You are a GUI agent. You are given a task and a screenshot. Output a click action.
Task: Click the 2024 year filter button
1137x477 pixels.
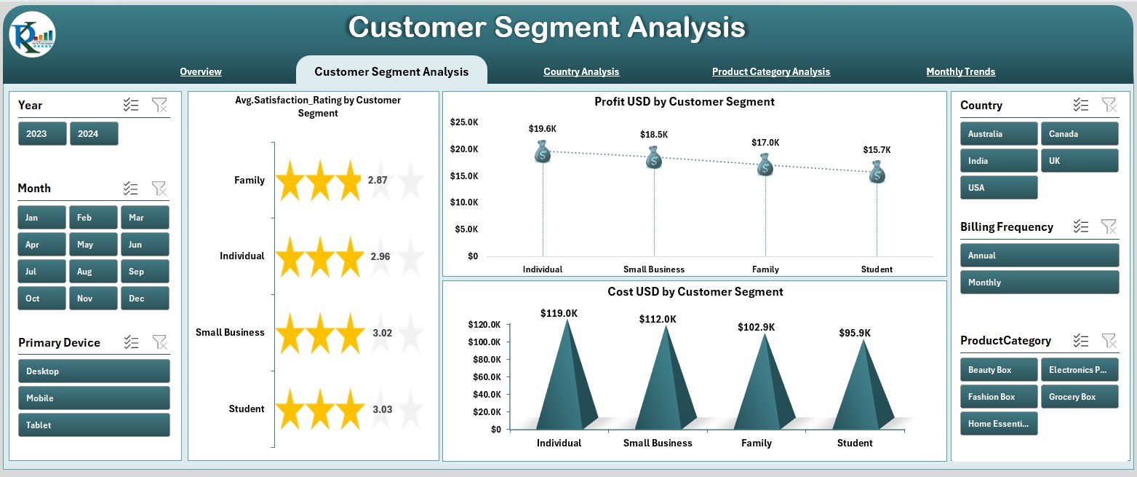pyautogui.click(x=94, y=134)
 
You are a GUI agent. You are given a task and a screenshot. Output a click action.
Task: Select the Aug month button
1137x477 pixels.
pyautogui.click(x=93, y=272)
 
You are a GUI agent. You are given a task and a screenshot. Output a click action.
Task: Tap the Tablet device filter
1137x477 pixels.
pyautogui.click(x=94, y=425)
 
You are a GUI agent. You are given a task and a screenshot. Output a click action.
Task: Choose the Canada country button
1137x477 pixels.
pyautogui.click(x=1079, y=134)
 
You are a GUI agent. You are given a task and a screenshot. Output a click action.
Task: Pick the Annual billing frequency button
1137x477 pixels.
pyautogui.click(x=1039, y=256)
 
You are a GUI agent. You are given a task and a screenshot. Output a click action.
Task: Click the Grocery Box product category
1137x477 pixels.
pyautogui.click(x=1079, y=397)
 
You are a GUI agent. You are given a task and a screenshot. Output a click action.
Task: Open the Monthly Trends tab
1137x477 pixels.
pyautogui.click(x=960, y=71)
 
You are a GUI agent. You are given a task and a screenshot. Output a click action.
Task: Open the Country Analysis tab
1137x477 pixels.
pyautogui.click(x=581, y=71)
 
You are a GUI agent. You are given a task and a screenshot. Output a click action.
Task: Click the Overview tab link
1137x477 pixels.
pyautogui.click(x=201, y=71)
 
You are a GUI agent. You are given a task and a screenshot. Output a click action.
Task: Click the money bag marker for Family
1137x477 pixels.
pyautogui.click(x=765, y=165)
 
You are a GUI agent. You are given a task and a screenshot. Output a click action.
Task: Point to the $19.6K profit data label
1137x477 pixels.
pyautogui.click(x=543, y=129)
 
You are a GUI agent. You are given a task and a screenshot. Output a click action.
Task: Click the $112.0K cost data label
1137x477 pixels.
pyautogui.click(x=658, y=319)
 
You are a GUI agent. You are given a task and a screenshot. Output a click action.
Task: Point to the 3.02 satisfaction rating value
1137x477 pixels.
pyautogui.click(x=382, y=333)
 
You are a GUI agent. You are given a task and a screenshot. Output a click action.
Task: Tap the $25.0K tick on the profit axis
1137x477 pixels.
pyautogui.click(x=464, y=122)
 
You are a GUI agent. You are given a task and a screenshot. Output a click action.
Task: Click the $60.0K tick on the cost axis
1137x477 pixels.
pyautogui.click(x=484, y=377)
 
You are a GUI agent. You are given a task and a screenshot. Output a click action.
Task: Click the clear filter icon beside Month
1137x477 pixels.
pyautogui.click(x=159, y=189)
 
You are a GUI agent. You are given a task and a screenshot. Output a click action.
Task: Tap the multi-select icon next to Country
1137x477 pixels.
pyautogui.click(x=1080, y=105)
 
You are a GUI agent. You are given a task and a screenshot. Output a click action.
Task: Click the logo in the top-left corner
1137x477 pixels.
pyautogui.click(x=32, y=34)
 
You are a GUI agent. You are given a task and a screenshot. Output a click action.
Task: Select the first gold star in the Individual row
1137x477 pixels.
pyautogui.click(x=290, y=257)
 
